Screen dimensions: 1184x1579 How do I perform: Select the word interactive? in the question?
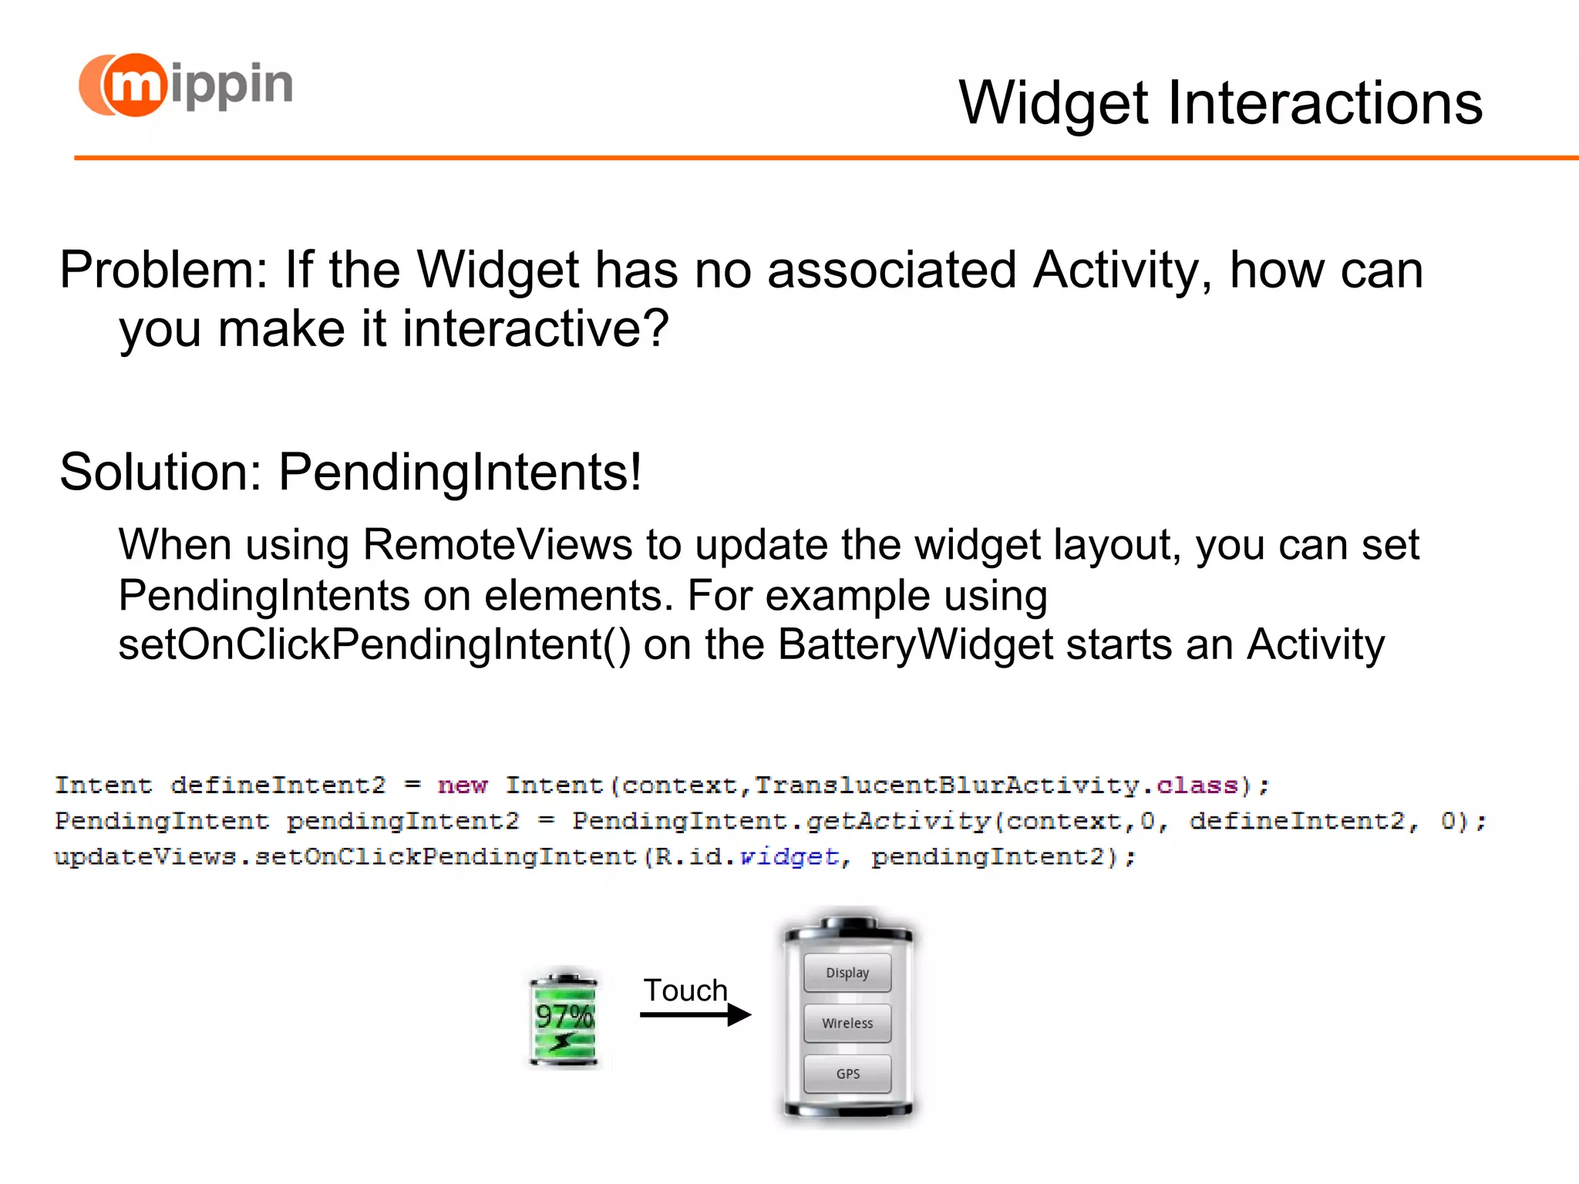(x=535, y=330)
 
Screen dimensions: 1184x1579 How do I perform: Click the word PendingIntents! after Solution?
(x=460, y=473)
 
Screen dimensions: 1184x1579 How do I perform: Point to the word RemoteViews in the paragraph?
(x=497, y=546)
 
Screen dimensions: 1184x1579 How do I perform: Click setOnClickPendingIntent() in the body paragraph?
(x=373, y=645)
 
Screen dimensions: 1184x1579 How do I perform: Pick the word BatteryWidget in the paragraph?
(x=915, y=645)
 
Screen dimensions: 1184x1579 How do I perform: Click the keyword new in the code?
(x=463, y=785)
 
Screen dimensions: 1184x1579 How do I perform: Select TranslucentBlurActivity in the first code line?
(x=947, y=785)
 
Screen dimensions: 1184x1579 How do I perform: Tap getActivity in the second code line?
(x=898, y=821)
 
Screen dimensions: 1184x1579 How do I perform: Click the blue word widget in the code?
(x=789, y=856)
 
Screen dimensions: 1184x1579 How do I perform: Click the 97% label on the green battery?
(x=564, y=1016)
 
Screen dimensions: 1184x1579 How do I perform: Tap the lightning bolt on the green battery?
(x=563, y=1042)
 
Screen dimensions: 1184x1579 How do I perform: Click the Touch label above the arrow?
(x=685, y=991)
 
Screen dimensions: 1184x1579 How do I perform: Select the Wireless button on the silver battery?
(x=847, y=1024)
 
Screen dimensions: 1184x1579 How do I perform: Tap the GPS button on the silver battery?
(x=847, y=1074)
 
